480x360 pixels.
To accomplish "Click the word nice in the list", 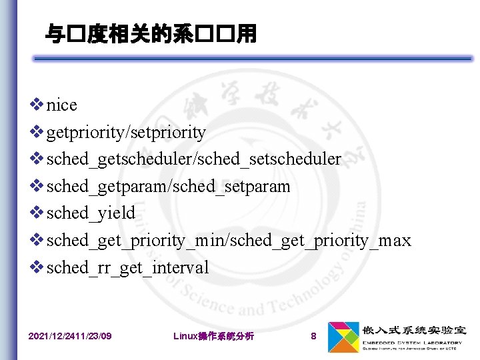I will coord(62,105).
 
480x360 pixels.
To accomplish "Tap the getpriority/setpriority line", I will coord(126,133).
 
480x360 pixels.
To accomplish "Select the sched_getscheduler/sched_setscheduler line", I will coord(193,159).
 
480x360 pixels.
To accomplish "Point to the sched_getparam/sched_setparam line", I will coord(168,187).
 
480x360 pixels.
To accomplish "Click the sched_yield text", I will coord(91,213).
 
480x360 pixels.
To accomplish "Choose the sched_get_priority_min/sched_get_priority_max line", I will coord(229,241).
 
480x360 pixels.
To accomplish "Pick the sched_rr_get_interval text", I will coord(127,268).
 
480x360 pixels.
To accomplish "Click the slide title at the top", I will coord(150,33).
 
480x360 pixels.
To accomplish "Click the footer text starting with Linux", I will coord(213,336).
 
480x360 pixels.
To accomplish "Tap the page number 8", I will coord(313,336).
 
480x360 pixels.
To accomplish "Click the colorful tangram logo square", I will coord(342,336).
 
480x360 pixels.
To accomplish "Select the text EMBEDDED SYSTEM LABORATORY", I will coord(411,343).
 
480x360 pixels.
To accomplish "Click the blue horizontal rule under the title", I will coord(253,59).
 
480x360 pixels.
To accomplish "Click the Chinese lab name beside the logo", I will coord(414,330).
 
